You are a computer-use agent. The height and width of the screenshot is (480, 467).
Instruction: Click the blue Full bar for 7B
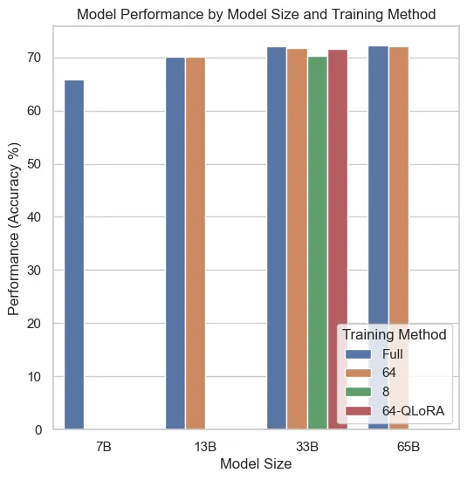tap(74, 253)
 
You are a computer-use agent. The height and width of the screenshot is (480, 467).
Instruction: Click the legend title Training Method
tap(395, 334)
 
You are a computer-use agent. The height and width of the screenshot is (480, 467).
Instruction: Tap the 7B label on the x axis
tap(103, 447)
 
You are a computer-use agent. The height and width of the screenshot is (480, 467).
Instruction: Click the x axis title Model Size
tap(255, 464)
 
